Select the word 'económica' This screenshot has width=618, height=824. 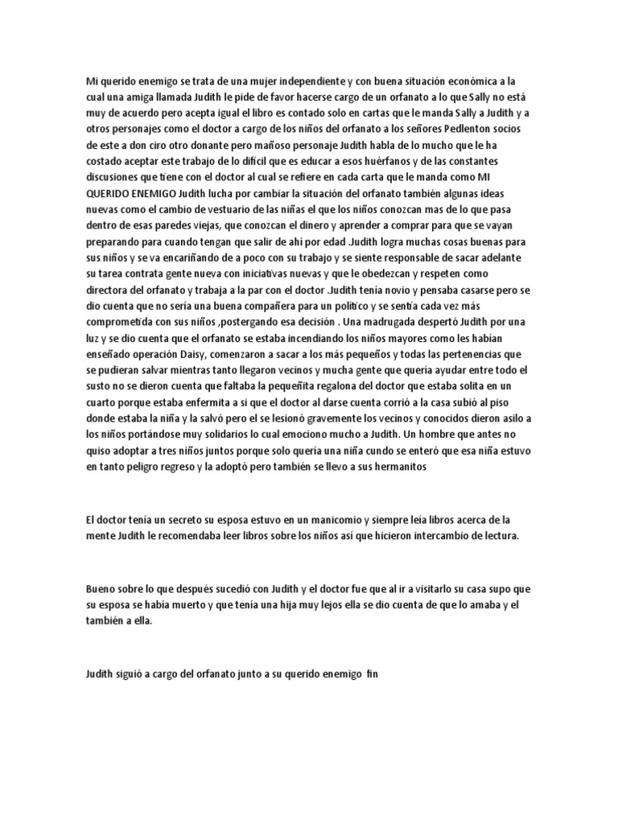(471, 81)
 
